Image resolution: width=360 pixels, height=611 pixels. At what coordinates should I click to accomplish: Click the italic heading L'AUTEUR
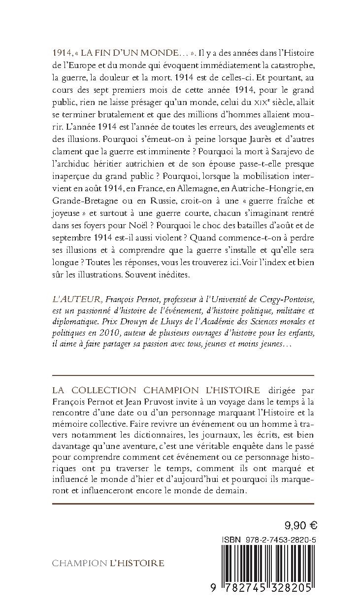click(70, 300)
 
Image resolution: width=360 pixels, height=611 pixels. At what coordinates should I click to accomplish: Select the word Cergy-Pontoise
click(283, 300)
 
